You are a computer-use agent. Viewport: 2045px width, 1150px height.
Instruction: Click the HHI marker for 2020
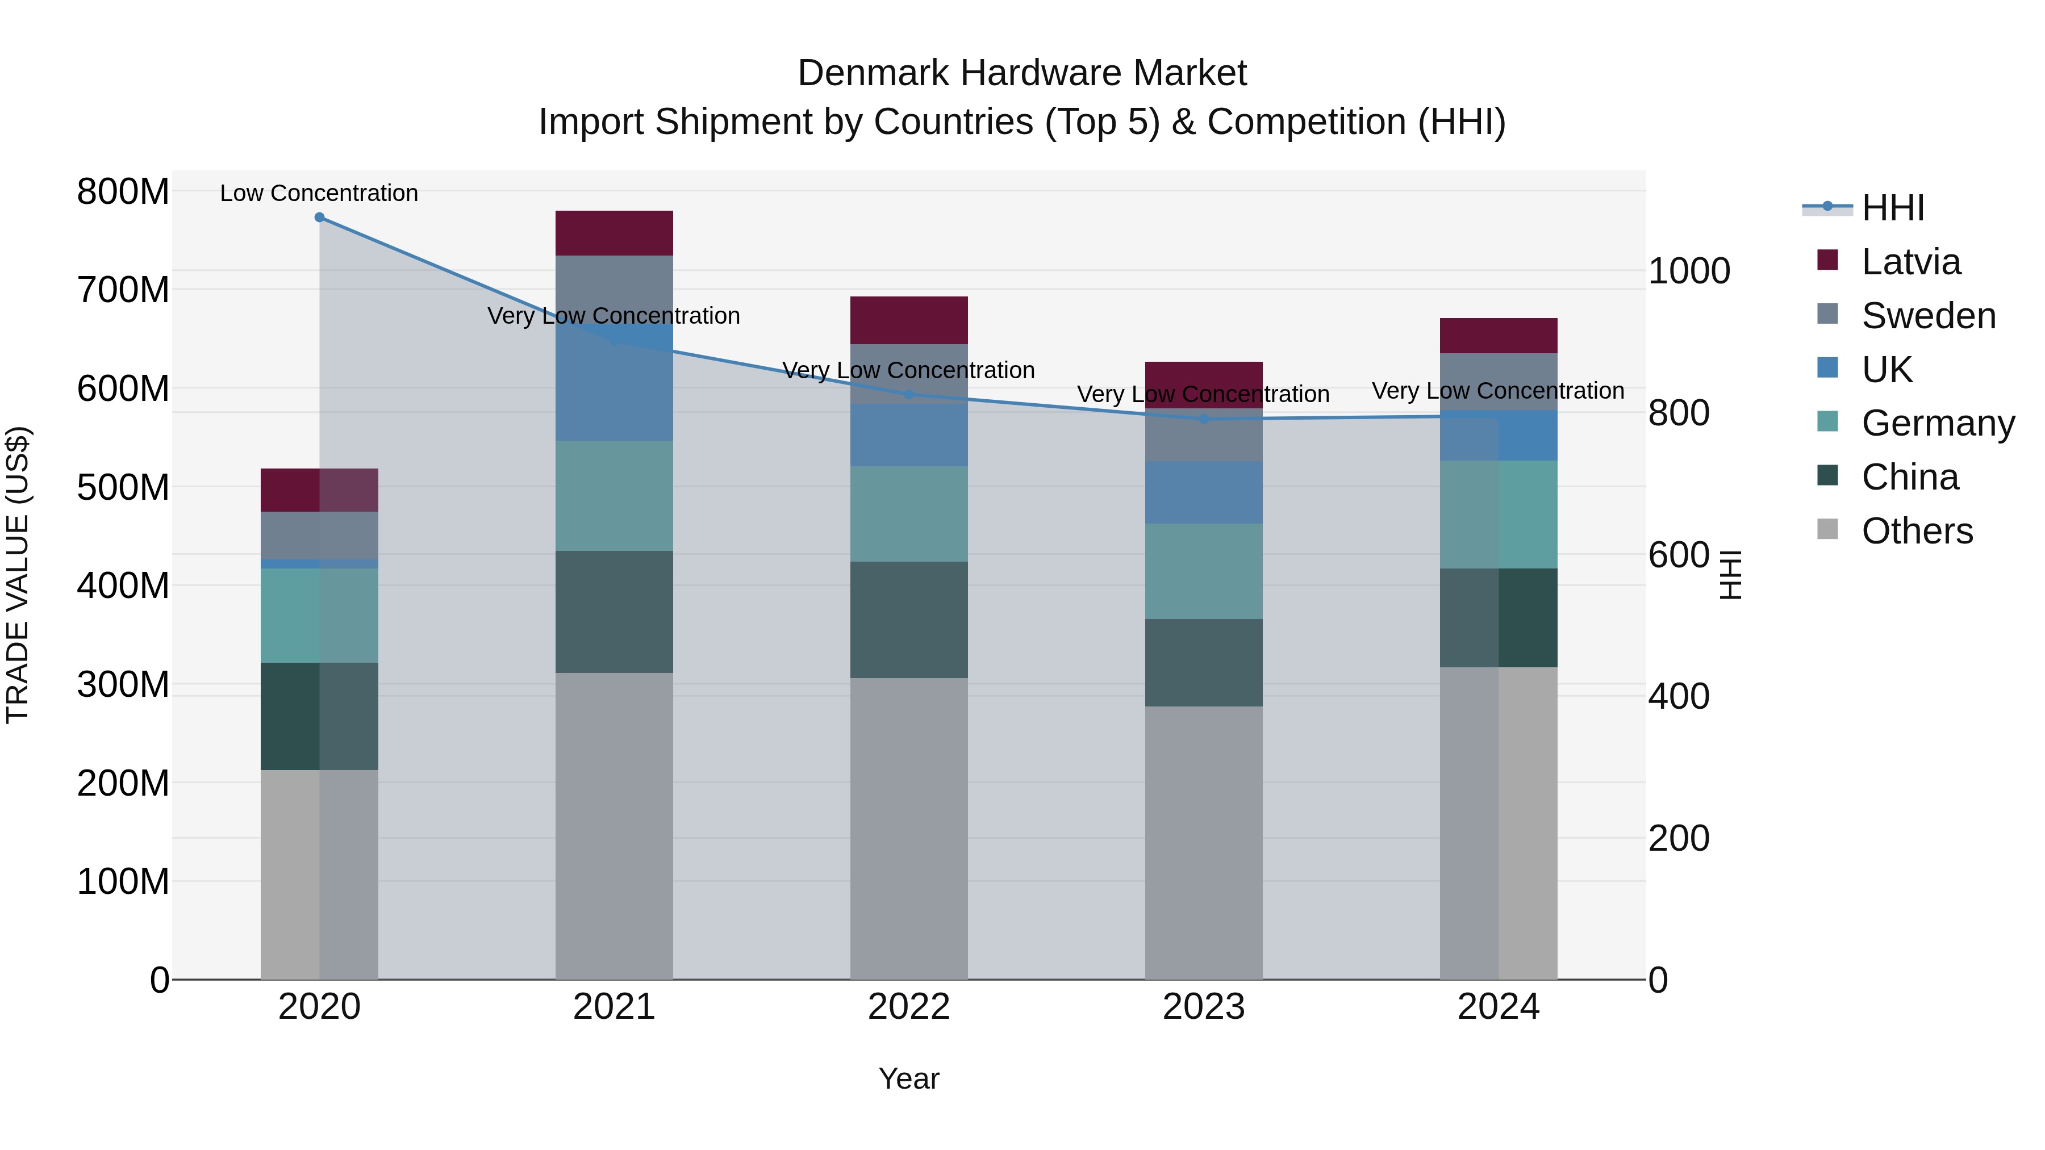point(319,217)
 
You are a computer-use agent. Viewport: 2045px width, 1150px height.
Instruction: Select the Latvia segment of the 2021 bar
point(613,232)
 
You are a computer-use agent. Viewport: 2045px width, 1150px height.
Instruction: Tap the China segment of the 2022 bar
point(908,619)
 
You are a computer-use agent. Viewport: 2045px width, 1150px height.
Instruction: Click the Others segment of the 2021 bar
point(613,825)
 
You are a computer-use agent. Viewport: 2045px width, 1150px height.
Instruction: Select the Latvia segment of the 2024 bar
point(1498,335)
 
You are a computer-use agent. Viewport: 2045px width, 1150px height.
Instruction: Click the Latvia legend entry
point(1910,262)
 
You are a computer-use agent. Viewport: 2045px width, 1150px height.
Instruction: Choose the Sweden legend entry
point(1927,316)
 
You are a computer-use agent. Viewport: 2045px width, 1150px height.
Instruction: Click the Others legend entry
point(1917,531)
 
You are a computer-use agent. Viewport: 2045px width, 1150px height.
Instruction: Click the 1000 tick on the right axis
point(1689,271)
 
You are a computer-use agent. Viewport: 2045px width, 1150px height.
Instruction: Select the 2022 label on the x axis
point(908,1007)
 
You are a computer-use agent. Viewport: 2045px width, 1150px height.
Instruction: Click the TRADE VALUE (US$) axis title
point(18,575)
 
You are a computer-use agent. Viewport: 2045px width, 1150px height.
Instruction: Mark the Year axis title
point(908,1078)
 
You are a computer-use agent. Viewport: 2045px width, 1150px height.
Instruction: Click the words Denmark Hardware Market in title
point(1022,73)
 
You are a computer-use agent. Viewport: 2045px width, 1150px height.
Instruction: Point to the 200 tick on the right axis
point(1678,838)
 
